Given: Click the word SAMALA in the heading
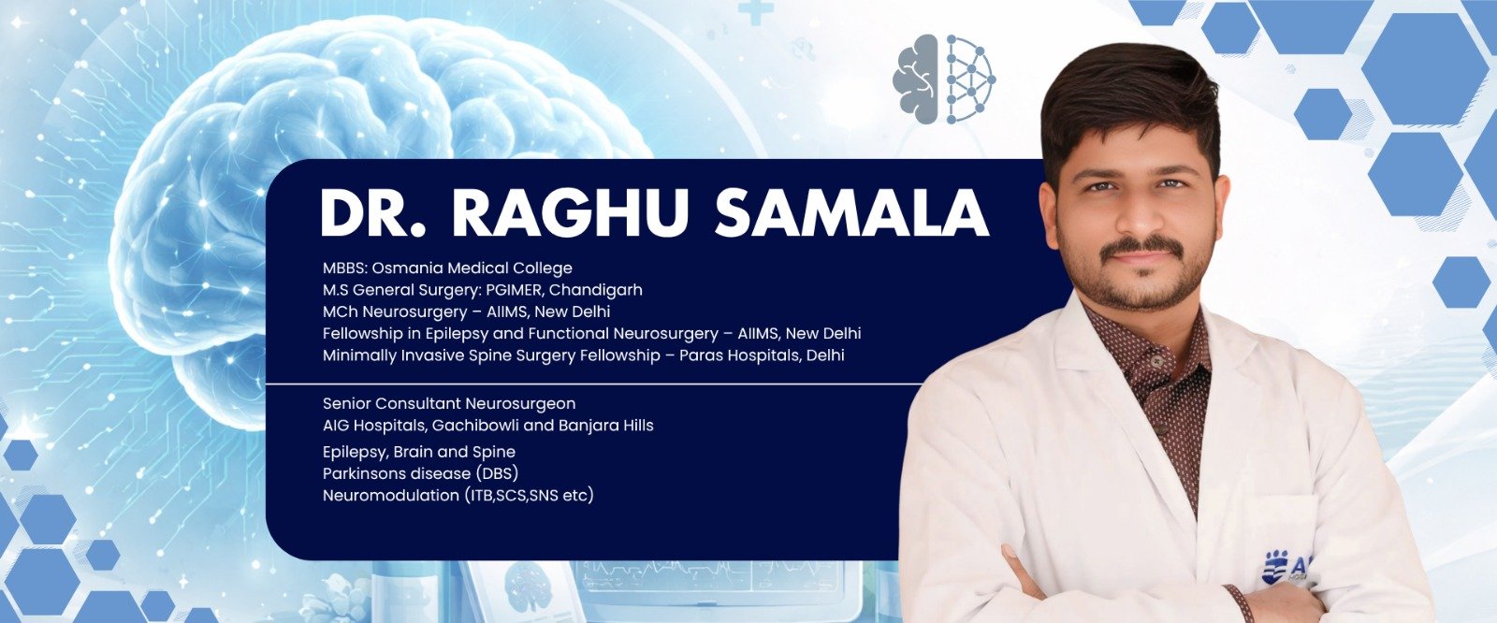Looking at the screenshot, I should [x=850, y=214].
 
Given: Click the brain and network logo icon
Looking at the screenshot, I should [x=944, y=80].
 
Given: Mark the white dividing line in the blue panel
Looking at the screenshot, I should [x=589, y=384].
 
